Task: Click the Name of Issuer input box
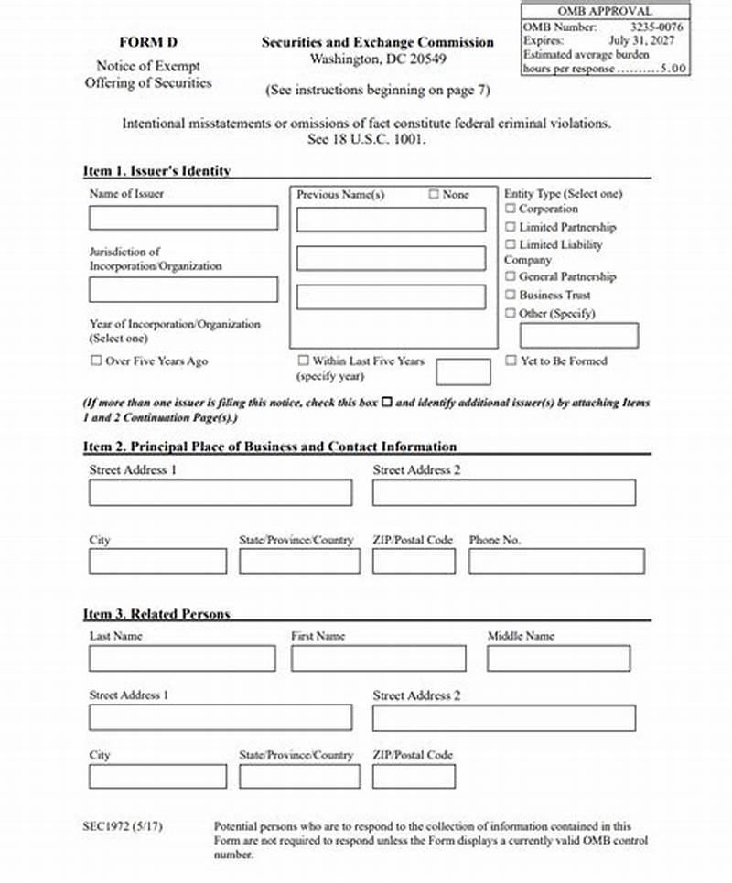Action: (183, 218)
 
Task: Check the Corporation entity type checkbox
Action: (511, 210)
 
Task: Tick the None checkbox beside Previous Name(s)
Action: (434, 195)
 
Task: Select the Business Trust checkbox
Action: (511, 296)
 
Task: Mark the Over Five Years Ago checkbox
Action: (96, 361)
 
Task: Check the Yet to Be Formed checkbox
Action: (511, 361)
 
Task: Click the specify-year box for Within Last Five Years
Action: (463, 372)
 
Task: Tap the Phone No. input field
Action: (556, 561)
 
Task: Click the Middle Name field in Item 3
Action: (558, 658)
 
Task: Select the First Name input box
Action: (378, 658)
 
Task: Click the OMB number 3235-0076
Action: (656, 27)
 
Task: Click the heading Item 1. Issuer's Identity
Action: (156, 170)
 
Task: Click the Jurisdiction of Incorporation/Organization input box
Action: (183, 289)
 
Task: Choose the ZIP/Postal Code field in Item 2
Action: (414, 561)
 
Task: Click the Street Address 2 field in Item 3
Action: (503, 717)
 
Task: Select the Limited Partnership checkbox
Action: (511, 227)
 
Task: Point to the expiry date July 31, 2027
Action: (649, 41)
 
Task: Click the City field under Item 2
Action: (157, 561)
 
